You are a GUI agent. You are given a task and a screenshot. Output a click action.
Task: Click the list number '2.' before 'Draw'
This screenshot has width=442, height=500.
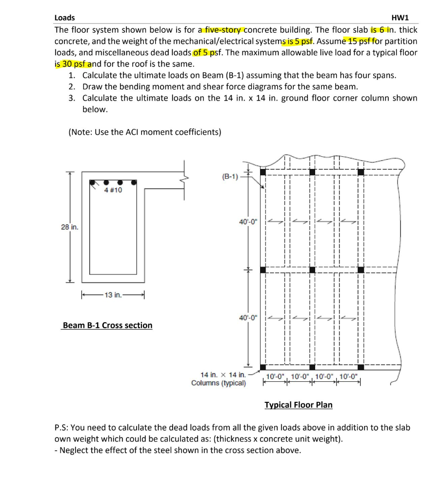[x=72, y=87]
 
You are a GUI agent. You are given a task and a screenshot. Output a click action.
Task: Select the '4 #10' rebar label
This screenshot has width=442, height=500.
[x=113, y=190]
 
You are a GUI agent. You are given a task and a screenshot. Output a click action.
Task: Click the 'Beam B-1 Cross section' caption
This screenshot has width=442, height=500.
[x=107, y=325]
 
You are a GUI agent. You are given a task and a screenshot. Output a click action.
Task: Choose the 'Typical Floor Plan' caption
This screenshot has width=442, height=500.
[x=298, y=405]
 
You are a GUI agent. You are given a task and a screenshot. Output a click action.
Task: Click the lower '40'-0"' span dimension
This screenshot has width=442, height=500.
[x=249, y=318]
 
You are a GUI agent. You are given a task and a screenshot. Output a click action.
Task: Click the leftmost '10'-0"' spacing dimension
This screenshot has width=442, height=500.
[x=276, y=376]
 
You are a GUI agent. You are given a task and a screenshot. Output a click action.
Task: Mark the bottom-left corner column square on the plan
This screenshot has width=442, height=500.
[x=263, y=367]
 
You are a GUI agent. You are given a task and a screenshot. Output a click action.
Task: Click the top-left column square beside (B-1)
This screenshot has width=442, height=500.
[x=263, y=172]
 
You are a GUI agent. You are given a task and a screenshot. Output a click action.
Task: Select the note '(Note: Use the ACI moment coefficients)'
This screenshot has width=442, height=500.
[x=145, y=132]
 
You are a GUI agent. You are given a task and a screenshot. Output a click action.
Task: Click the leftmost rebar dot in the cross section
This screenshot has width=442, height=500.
[x=92, y=183]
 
